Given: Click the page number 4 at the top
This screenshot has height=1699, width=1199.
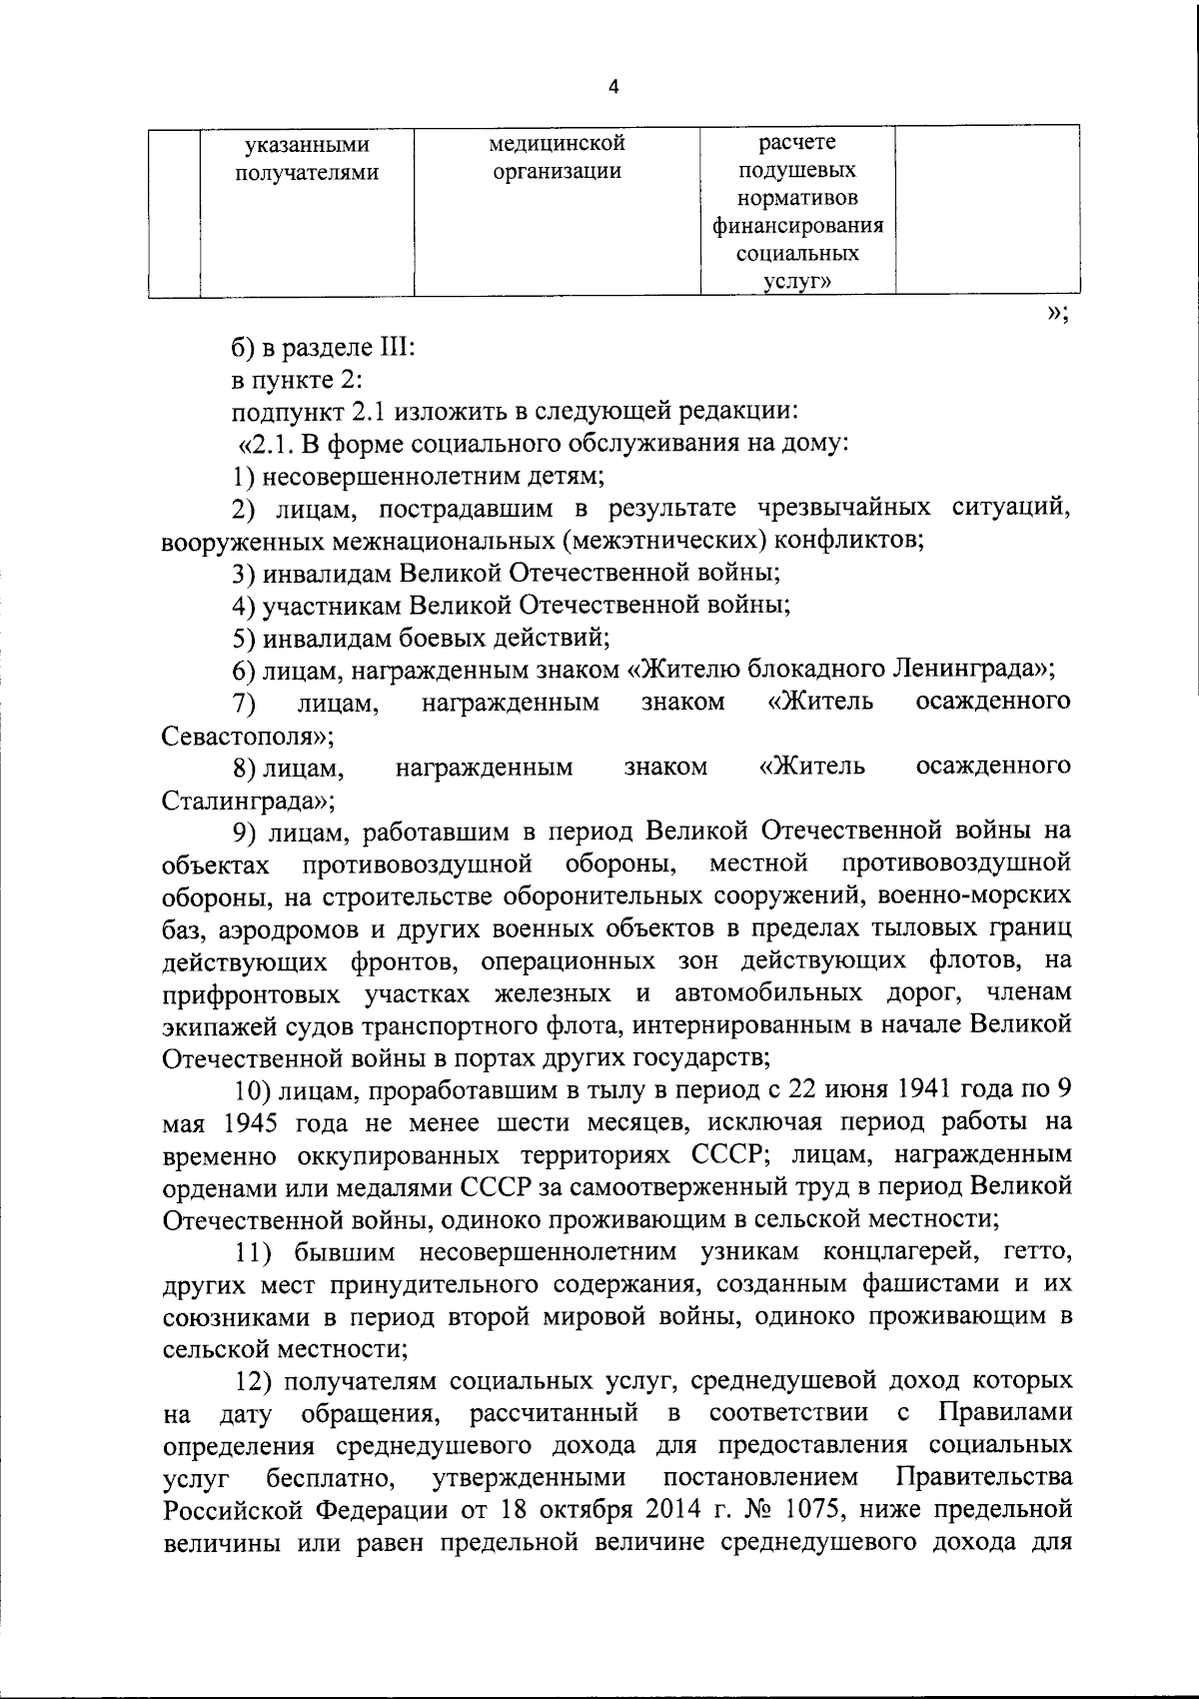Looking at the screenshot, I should [613, 88].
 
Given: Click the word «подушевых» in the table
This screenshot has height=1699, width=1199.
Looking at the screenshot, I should [797, 171].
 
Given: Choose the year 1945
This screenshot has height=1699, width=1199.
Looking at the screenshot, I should [245, 1121].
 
